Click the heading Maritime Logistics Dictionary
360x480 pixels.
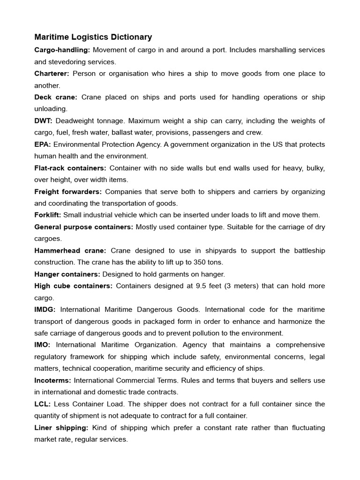click(93, 37)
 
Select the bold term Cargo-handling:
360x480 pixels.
click(62, 50)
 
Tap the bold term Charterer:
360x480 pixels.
click(52, 74)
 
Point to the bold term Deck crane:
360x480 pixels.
click(55, 97)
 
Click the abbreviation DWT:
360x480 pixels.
click(44, 121)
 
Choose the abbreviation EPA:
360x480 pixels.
click(43, 144)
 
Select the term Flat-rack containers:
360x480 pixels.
click(70, 168)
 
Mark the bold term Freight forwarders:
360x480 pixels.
click(68, 192)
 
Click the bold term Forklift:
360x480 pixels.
click(48, 215)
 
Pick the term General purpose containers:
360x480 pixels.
click(84, 227)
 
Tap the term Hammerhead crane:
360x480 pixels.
click(70, 250)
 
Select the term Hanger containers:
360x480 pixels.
click(67, 274)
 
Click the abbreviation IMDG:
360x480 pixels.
click(45, 309)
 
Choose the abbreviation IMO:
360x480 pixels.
click(43, 345)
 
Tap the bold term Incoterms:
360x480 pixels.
click(53, 380)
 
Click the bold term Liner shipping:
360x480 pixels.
click(61, 427)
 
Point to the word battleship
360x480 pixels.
click(308, 250)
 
